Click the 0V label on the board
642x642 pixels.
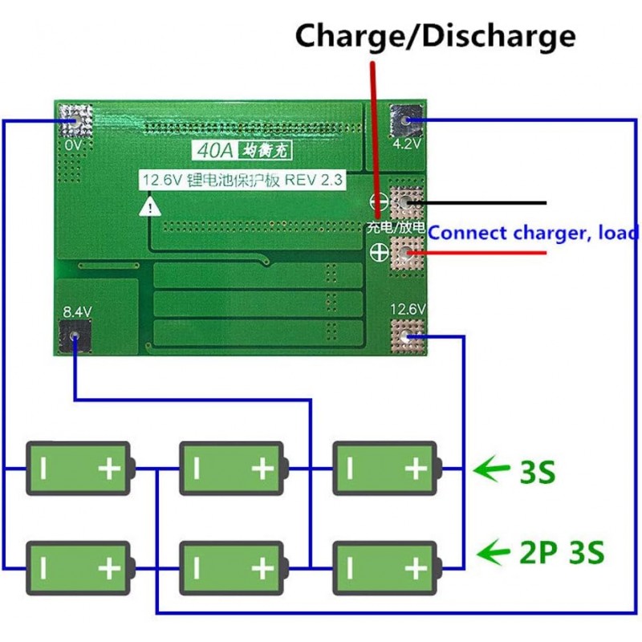73,145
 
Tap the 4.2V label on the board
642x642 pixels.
406,145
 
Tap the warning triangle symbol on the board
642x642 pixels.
149,207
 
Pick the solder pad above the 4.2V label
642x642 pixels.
406,120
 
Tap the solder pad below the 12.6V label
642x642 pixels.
407,337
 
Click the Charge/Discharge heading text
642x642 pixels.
435,36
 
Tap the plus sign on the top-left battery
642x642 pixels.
108,468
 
